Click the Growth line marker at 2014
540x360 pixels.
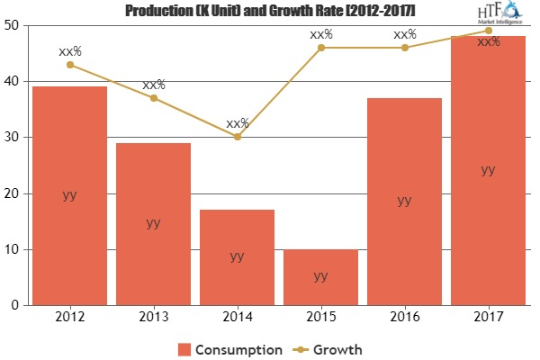click(x=237, y=137)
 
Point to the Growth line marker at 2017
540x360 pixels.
click(x=488, y=31)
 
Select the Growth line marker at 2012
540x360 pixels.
click(x=69, y=64)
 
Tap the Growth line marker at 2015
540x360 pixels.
click(x=320, y=47)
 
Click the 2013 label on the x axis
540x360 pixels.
click(x=153, y=318)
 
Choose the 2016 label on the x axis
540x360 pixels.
click(x=404, y=318)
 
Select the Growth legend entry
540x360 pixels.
click(x=329, y=347)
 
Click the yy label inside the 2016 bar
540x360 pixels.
click(x=404, y=200)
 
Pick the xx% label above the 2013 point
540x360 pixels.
click(x=154, y=85)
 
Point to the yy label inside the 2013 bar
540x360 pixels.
click(x=153, y=222)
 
